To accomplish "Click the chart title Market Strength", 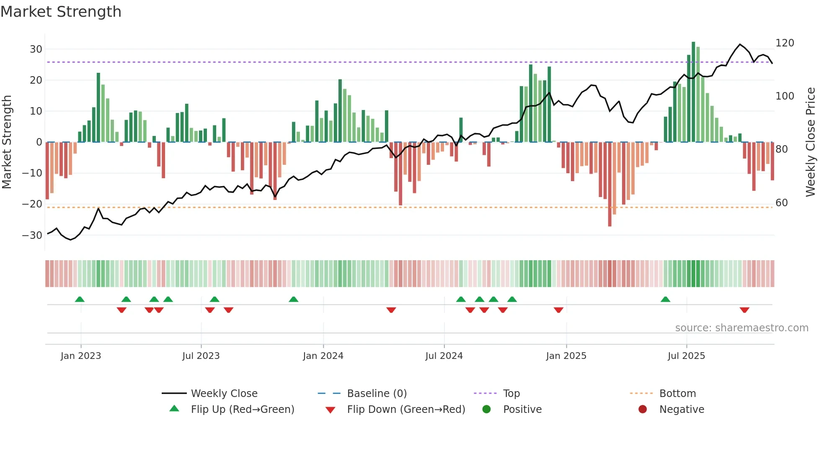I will [61, 12].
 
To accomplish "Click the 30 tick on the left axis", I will [36, 49].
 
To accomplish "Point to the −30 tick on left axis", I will [32, 236].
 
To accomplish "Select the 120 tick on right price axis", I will [785, 43].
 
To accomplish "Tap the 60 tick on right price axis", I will [782, 203].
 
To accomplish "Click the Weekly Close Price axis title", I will [811, 142].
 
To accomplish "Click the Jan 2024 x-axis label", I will [323, 356].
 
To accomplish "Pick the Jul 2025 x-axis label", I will [686, 356].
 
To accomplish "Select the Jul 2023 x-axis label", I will [201, 356].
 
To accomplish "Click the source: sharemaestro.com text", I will [741, 328].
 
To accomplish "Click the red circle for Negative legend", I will [643, 410].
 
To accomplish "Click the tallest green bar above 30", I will [693, 92].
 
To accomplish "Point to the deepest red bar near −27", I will [610, 184].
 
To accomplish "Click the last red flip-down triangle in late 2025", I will [744, 310].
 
